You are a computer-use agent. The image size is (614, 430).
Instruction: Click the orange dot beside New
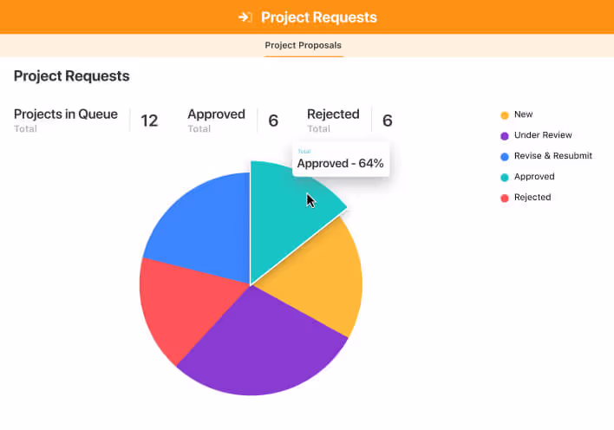tap(504, 114)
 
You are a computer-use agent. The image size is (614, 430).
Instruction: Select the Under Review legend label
tap(543, 135)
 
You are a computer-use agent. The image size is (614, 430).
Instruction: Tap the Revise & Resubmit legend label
tap(552, 156)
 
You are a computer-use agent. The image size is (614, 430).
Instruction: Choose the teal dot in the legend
tap(504, 177)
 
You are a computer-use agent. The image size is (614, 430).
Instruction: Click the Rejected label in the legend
tap(532, 198)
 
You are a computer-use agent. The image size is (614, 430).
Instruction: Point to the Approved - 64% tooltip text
tap(340, 163)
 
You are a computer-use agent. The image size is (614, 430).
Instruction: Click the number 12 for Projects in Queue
tap(149, 121)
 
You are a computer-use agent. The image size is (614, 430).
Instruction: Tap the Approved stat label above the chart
tap(216, 114)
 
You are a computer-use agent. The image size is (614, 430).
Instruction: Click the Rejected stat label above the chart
tap(333, 114)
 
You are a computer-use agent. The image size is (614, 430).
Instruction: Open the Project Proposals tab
tap(304, 45)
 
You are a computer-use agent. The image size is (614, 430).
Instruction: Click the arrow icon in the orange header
tap(245, 17)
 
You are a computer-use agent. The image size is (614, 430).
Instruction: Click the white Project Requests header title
tap(318, 17)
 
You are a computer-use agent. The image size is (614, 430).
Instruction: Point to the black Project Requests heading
tap(72, 76)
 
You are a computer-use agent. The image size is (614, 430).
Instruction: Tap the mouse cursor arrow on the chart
tap(310, 200)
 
